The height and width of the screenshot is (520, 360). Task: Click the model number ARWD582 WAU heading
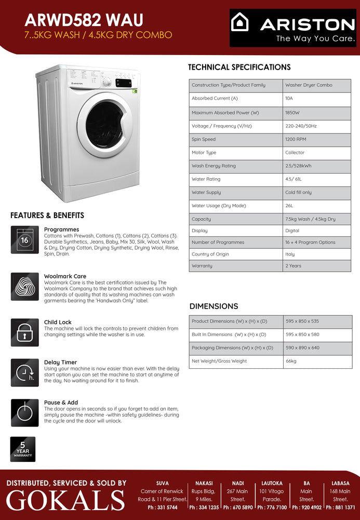84,20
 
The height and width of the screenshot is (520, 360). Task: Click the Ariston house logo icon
240,22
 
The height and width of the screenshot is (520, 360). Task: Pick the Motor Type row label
204,153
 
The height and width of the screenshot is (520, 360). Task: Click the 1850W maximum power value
292,113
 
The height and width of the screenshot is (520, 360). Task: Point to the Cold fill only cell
298,192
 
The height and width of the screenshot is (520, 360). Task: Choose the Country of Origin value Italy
290,254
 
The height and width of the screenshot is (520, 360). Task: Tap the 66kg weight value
291,361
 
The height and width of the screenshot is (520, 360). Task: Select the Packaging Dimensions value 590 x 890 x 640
302,348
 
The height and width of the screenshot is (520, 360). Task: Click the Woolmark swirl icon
24,286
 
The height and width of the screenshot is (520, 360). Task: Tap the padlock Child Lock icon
24,332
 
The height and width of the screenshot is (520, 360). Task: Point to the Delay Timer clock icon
24,372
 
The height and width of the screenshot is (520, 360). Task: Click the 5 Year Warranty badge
23,449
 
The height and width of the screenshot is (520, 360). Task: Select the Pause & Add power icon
24,412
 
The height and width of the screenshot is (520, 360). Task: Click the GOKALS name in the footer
65,500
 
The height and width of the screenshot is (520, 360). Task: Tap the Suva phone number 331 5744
162,508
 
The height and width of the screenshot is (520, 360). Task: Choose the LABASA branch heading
340,483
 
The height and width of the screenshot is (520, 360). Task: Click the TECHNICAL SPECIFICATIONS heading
239,67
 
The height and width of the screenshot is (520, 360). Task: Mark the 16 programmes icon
24,239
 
